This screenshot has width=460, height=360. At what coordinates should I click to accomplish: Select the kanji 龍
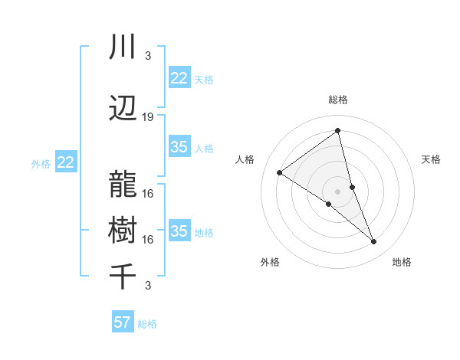click(123, 185)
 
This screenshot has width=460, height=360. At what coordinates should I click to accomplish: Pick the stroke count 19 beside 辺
click(148, 117)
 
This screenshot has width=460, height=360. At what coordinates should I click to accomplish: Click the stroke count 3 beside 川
click(147, 56)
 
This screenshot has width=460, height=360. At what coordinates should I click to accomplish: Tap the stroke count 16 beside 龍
click(148, 193)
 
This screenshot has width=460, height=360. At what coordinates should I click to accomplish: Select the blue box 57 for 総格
click(123, 322)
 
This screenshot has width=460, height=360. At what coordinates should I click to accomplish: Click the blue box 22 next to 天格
click(179, 78)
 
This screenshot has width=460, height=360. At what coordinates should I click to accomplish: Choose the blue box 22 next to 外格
click(65, 162)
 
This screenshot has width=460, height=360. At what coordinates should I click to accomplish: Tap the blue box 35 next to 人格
click(179, 147)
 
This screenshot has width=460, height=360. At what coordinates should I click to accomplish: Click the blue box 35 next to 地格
click(179, 231)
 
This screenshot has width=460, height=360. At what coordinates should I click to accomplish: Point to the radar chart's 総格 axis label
click(337, 100)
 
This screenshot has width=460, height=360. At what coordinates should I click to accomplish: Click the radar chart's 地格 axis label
click(402, 262)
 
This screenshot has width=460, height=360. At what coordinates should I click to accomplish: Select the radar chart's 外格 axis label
click(270, 262)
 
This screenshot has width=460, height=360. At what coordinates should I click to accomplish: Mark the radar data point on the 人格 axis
click(279, 172)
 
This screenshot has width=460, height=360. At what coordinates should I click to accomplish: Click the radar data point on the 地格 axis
click(374, 242)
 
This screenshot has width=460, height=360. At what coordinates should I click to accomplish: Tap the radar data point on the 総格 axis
click(337, 130)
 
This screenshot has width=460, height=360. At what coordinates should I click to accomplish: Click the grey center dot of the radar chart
click(337, 191)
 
